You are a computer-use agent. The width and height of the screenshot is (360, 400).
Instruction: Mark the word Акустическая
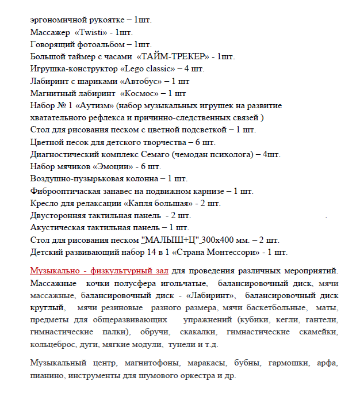(58, 227)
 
